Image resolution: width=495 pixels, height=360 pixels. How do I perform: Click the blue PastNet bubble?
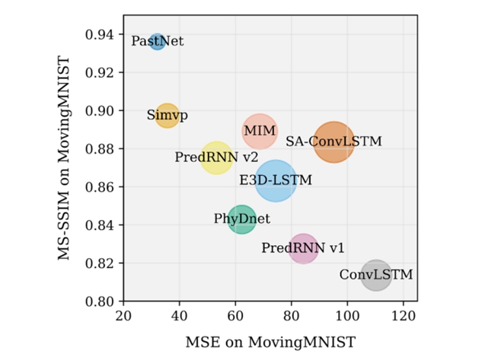[158, 41]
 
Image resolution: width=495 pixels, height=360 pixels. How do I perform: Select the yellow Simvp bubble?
[168, 116]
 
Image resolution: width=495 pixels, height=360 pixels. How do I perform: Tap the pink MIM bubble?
[260, 132]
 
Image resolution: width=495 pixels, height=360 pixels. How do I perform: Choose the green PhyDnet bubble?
[241, 220]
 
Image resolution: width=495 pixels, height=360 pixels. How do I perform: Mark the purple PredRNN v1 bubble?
[303, 248]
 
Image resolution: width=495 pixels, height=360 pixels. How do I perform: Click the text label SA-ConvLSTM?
[334, 142]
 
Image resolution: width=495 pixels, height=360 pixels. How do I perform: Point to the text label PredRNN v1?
[303, 248]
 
